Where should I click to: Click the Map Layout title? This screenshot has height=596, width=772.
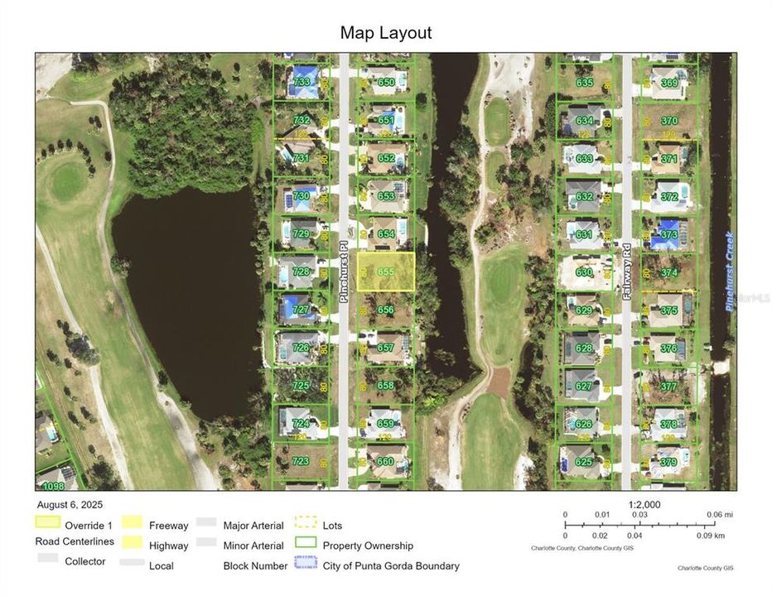click(x=386, y=33)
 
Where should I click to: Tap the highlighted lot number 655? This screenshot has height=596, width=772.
click(x=386, y=272)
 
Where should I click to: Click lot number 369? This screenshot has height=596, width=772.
click(x=669, y=82)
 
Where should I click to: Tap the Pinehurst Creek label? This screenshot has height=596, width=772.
click(x=730, y=272)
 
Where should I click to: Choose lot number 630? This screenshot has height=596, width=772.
click(x=584, y=272)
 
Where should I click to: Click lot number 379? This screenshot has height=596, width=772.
click(x=668, y=462)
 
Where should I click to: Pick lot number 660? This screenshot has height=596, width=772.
click(x=385, y=462)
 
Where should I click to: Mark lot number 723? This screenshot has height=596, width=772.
click(x=301, y=461)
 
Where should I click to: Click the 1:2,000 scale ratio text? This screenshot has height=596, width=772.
click(x=644, y=504)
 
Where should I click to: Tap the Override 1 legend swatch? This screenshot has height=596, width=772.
click(x=47, y=523)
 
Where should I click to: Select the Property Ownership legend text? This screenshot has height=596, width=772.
click(x=368, y=546)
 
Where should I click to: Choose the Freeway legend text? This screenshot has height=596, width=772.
click(x=168, y=525)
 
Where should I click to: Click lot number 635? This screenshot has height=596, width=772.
click(x=585, y=82)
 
